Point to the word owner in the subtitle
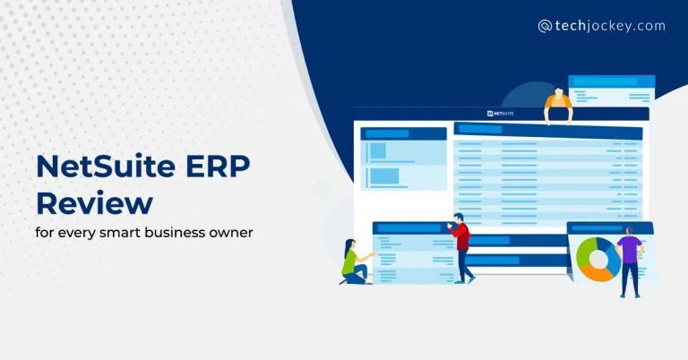pyautogui.click(x=229, y=233)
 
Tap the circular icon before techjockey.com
pyautogui.click(x=545, y=27)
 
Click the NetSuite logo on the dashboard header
pyautogui.click(x=502, y=114)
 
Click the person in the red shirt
pyautogui.click(x=461, y=247)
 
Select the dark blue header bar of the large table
pyautogui.click(x=547, y=130)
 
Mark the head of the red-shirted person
pyautogui.click(x=458, y=219)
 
